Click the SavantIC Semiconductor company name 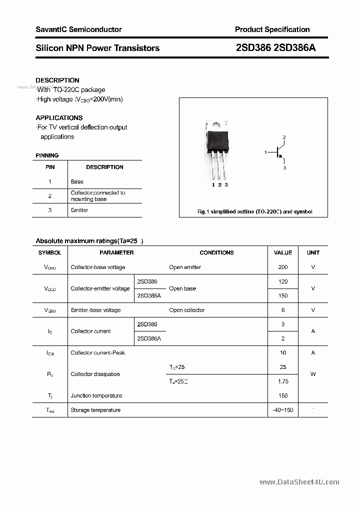tap(78, 29)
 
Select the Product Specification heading tap(272, 29)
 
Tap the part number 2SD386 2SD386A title tap(275, 48)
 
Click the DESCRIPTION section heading tap(57, 80)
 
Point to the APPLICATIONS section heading tap(59, 118)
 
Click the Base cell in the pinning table tap(77, 181)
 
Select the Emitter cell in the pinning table tap(79, 210)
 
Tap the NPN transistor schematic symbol tap(277, 152)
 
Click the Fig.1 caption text tap(254, 211)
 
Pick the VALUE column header tap(283, 252)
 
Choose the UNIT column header tap(313, 252)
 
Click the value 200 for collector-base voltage tap(283, 267)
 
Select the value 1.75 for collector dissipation tap(283, 381)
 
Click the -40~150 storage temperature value tap(283, 410)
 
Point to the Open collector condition tap(187, 310)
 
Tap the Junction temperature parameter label tap(96, 395)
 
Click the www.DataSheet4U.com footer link tap(299, 482)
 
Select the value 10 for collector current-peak tap(283, 352)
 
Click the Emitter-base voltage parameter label tap(95, 310)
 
